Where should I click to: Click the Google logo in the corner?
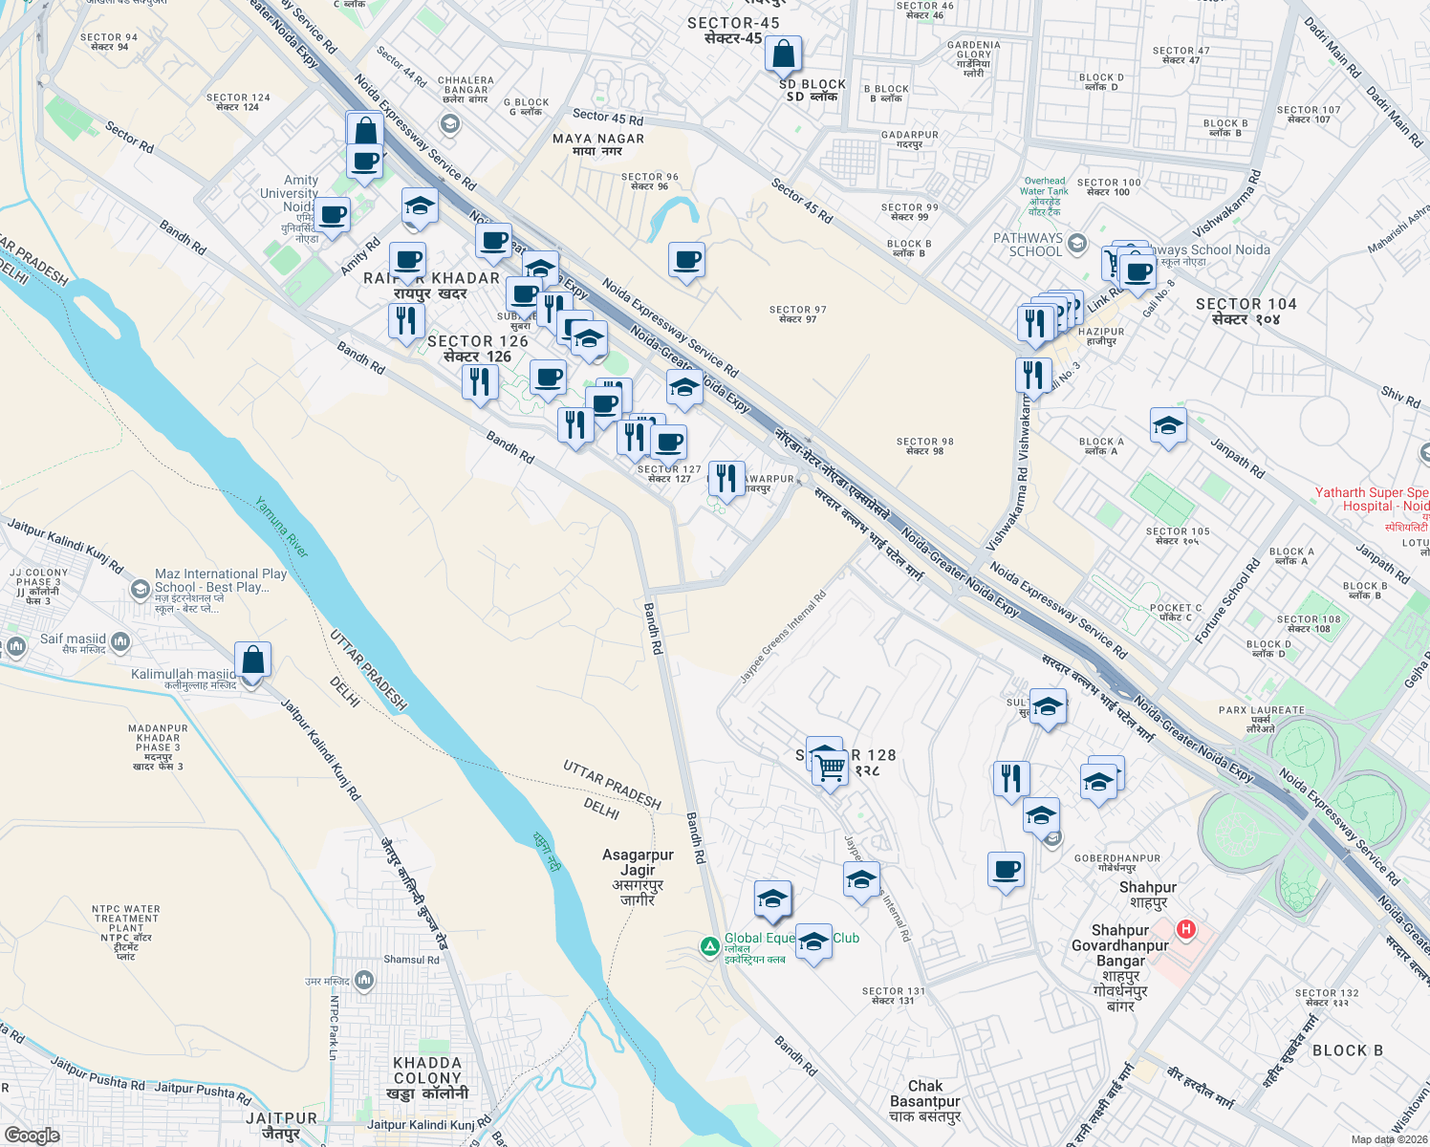pyautogui.click(x=32, y=1135)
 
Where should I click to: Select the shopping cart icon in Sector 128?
pyautogui.click(x=831, y=767)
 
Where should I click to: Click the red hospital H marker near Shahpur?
pyautogui.click(x=1185, y=928)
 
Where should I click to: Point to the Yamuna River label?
pyautogui.click(x=282, y=527)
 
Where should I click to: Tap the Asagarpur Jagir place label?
pyautogui.click(x=638, y=876)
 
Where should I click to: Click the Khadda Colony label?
pyautogui.click(x=427, y=1077)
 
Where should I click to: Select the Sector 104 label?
pyautogui.click(x=1246, y=311)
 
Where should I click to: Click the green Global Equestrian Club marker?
pyautogui.click(x=709, y=946)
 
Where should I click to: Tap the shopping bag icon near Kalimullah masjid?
pyautogui.click(x=252, y=660)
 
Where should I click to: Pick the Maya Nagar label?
pyautogui.click(x=598, y=144)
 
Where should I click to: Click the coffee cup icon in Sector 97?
pyautogui.click(x=686, y=260)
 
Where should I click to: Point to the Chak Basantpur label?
pyautogui.click(x=924, y=1100)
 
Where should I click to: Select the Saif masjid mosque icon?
pyautogui.click(x=120, y=640)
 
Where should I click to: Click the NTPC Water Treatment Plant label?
pyautogui.click(x=127, y=932)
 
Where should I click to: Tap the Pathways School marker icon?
pyautogui.click(x=1077, y=244)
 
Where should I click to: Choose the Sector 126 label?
pyautogui.click(x=478, y=348)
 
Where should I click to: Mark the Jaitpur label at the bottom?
pyautogui.click(x=281, y=1125)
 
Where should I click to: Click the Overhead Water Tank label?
pyautogui.click(x=1044, y=196)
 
